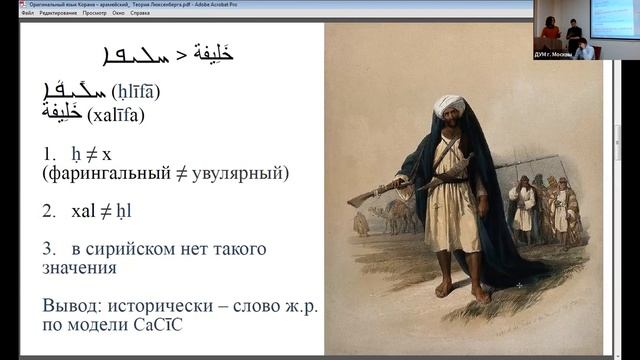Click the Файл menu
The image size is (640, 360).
(x=27, y=13)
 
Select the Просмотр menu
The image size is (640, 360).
(x=94, y=13)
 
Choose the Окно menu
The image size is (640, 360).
(x=118, y=13)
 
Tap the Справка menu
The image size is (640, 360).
(x=140, y=13)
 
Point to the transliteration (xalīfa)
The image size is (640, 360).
(x=116, y=115)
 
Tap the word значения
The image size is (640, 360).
(x=79, y=268)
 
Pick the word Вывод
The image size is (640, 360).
(x=71, y=306)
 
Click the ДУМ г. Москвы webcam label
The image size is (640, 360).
(x=555, y=54)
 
